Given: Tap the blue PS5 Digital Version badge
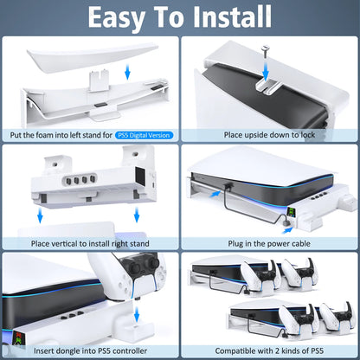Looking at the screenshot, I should click(x=145, y=134).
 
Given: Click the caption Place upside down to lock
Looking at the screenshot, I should click(x=268, y=134).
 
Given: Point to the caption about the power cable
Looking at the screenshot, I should click(x=268, y=244).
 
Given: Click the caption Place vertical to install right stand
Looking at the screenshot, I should click(x=90, y=244).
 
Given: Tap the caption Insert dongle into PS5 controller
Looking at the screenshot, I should click(x=90, y=352).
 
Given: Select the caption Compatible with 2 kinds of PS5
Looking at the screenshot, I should click(x=268, y=352).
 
